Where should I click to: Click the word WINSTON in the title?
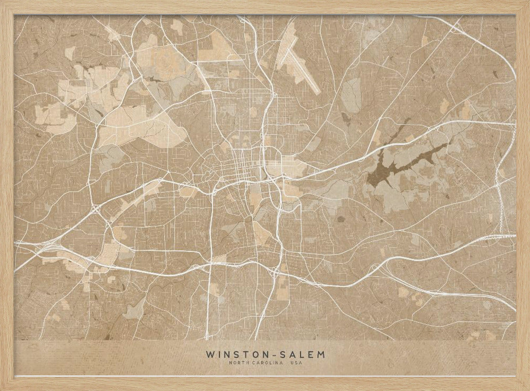point(233,354)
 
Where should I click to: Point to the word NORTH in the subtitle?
point(238,363)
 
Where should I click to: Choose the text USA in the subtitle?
point(296,363)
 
